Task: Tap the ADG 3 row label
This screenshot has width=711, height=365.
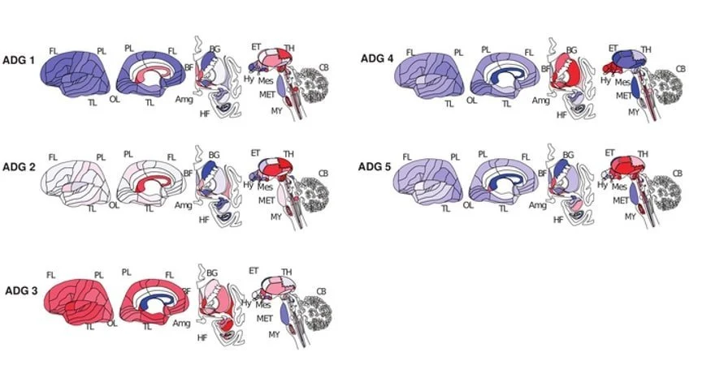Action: pyautogui.click(x=21, y=290)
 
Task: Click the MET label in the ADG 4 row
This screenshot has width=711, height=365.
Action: pyautogui.click(x=623, y=96)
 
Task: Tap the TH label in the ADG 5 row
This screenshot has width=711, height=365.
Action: pyautogui.click(x=644, y=153)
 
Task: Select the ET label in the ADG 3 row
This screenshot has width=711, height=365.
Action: pyautogui.click(x=253, y=270)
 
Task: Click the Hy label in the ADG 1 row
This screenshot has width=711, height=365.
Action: pyautogui.click(x=249, y=79)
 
